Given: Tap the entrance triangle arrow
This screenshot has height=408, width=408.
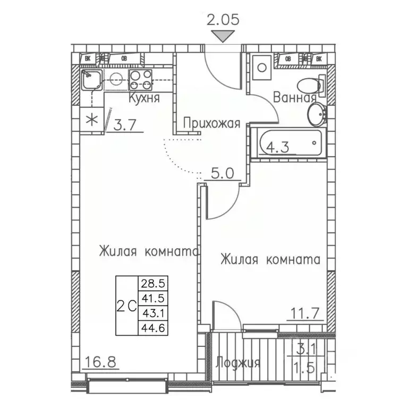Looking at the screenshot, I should click(223, 36).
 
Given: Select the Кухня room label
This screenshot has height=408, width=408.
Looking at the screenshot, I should click(143, 99).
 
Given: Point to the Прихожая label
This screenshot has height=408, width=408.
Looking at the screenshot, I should click(211, 124).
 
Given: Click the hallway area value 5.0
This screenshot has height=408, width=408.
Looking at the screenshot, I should click(218, 173).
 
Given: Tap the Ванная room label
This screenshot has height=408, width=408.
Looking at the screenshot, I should click(295, 98).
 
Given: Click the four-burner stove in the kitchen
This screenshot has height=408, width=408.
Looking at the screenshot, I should click(140, 80).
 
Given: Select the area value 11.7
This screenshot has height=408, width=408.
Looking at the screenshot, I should click(304, 313).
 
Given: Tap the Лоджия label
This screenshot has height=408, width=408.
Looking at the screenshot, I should click(238, 363).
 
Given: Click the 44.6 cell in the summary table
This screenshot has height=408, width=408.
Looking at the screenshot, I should click(150, 327).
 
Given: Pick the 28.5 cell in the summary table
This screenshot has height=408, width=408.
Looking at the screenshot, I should click(150, 283).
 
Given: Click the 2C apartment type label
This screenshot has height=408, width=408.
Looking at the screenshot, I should click(126, 305).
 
